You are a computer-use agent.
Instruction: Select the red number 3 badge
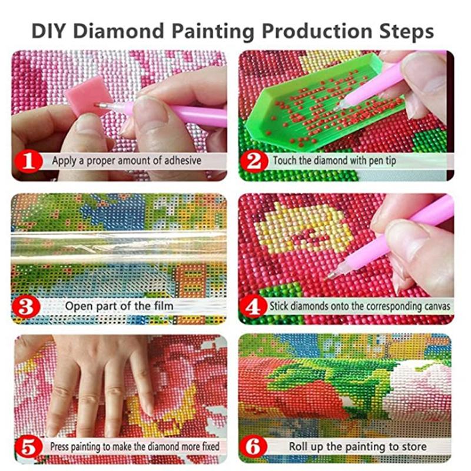click(x=29, y=306)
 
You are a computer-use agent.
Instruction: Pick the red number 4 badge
click(x=255, y=306)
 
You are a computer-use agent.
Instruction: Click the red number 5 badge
click(x=29, y=446)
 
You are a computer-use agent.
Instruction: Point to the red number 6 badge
click(x=255, y=446)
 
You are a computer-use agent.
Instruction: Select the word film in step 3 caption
click(x=162, y=306)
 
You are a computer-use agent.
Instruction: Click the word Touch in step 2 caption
click(x=286, y=160)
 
